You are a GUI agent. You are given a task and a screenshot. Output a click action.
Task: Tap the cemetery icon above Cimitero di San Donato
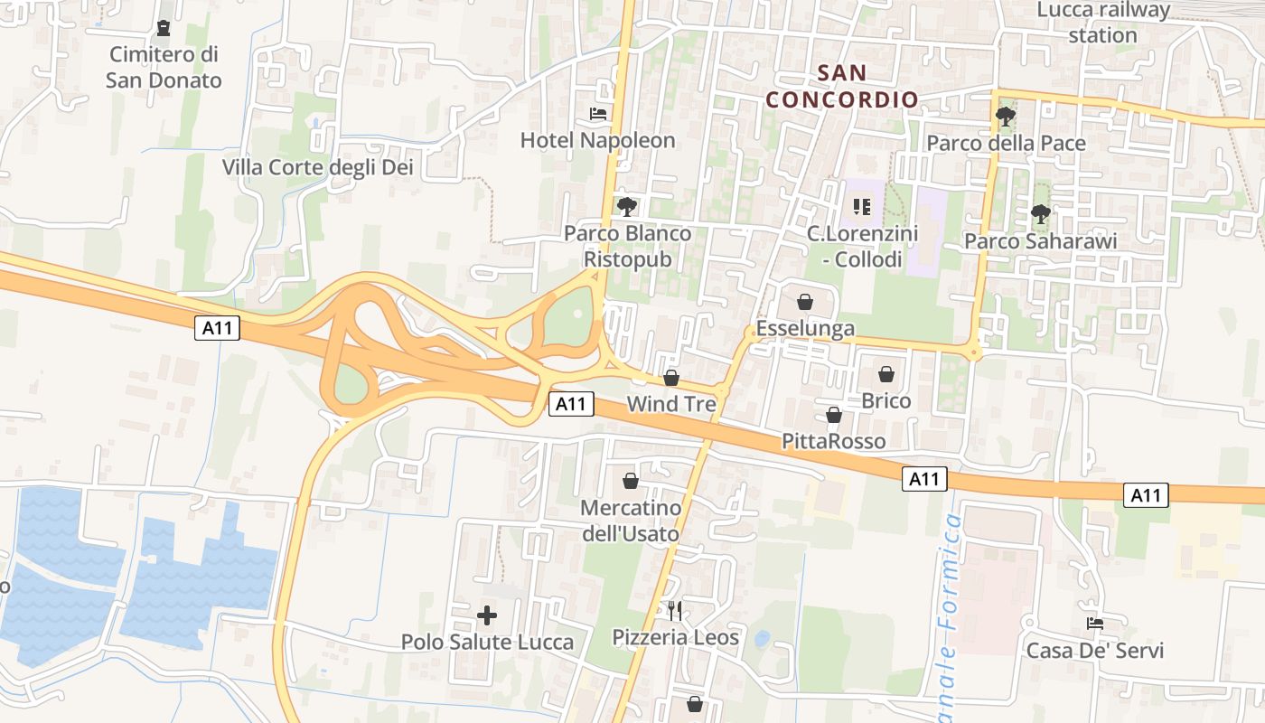click(x=164, y=29)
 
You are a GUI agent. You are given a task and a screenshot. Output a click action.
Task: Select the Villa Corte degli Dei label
click(x=317, y=167)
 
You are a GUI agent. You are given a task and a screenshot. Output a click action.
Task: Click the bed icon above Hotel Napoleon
click(x=598, y=114)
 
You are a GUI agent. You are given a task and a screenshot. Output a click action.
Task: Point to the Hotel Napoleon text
click(x=597, y=140)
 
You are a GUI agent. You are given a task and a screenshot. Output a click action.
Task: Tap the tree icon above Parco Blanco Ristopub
click(x=626, y=207)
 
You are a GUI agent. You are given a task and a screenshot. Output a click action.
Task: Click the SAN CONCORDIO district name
click(x=842, y=86)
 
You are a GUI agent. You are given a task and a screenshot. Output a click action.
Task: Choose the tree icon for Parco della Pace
click(x=1005, y=117)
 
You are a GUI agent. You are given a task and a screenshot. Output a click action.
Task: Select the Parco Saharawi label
click(x=1040, y=241)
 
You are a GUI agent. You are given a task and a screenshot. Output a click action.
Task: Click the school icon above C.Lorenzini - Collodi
click(x=862, y=208)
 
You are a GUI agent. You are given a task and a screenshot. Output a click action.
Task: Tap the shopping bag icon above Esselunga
click(x=805, y=302)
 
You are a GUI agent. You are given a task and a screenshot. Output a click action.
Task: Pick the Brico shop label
click(x=886, y=400)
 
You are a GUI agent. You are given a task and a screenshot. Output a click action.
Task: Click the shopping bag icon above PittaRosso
click(x=834, y=415)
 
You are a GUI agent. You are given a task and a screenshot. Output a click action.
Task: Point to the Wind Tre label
click(x=671, y=404)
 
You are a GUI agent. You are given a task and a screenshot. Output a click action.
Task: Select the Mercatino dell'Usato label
click(x=630, y=521)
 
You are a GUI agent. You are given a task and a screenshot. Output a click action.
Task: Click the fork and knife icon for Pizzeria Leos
click(x=675, y=611)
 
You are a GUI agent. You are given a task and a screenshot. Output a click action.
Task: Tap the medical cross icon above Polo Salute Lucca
click(x=487, y=616)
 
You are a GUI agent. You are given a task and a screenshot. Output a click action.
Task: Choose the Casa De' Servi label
click(x=1094, y=651)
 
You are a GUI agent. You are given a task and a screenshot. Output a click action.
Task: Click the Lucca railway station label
click(x=1103, y=23)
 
